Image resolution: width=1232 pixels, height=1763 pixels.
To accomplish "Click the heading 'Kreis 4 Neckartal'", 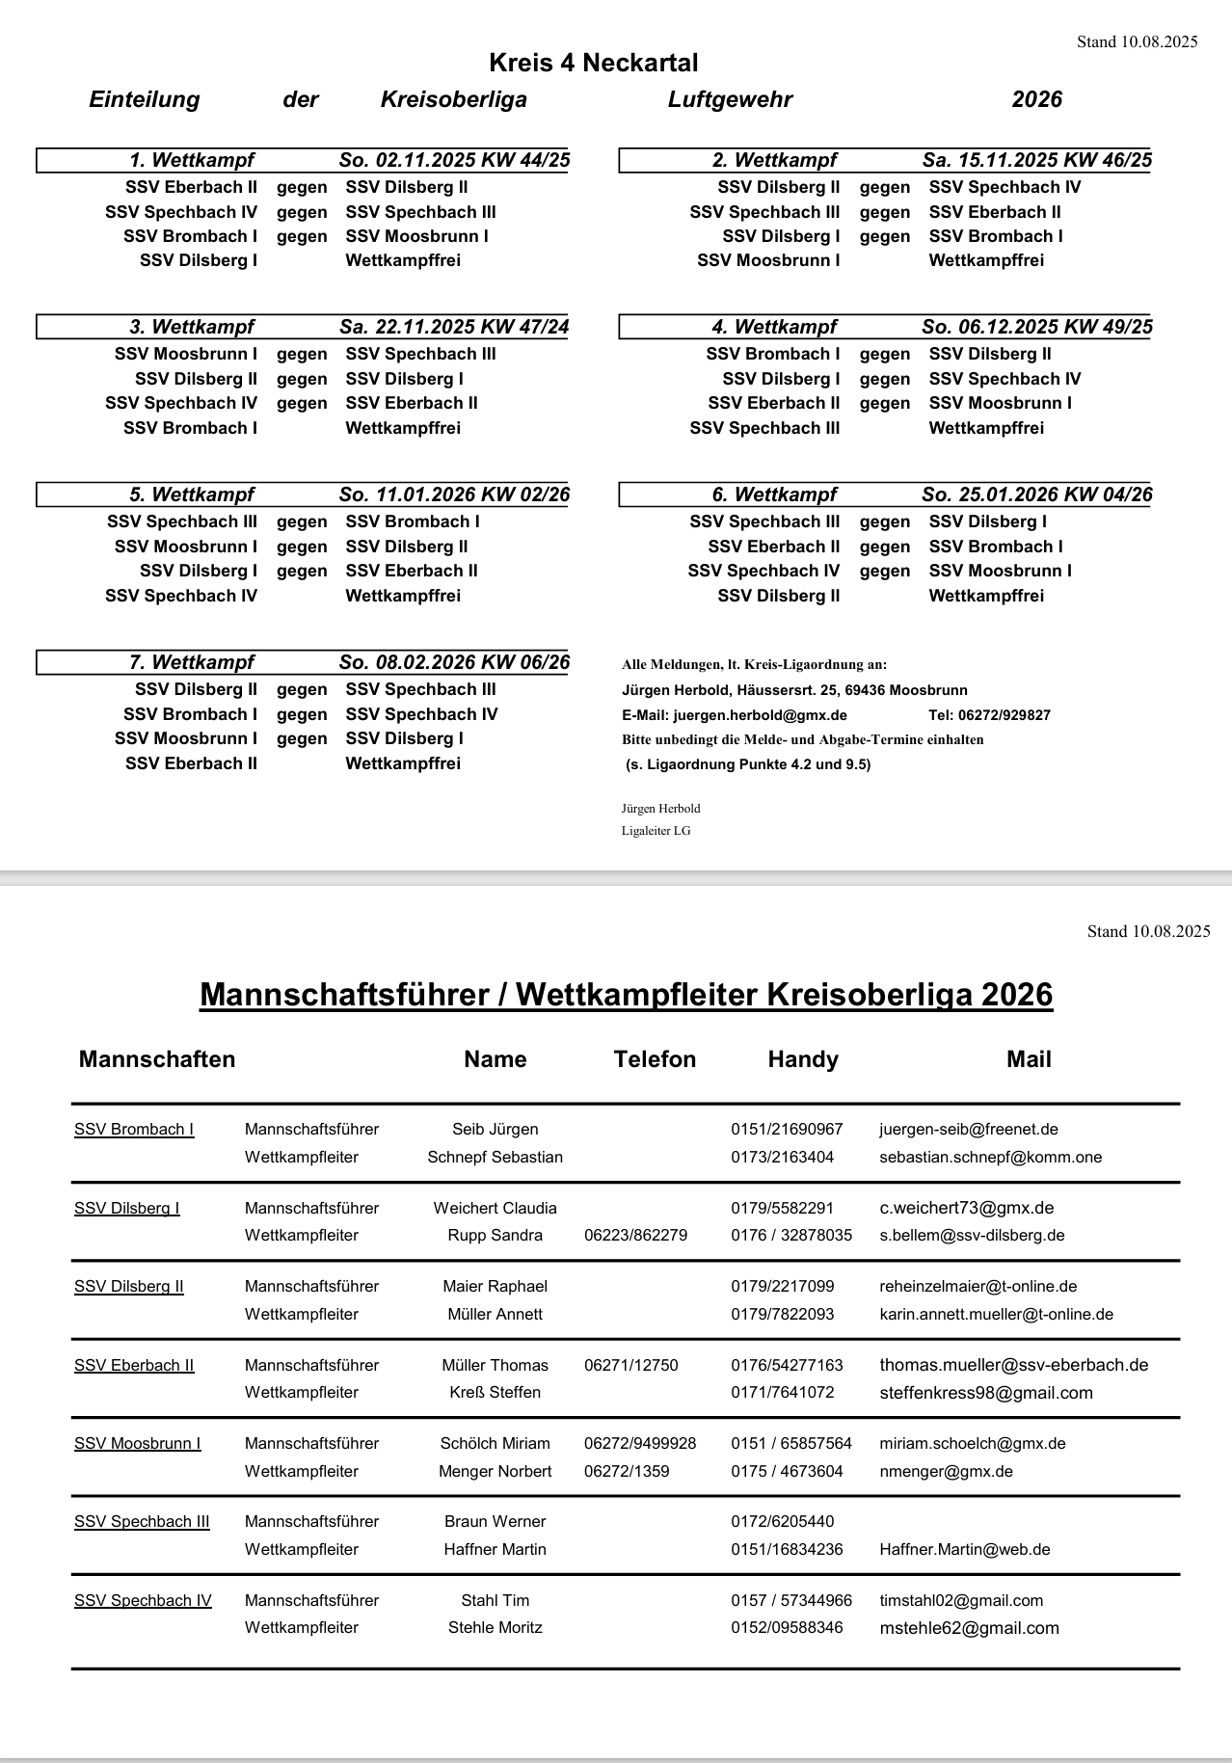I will pos(593,64).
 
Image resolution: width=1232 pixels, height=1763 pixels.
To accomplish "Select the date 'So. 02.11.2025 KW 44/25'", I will pos(454,160).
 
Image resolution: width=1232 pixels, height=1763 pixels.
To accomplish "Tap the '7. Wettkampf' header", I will pos(191,662).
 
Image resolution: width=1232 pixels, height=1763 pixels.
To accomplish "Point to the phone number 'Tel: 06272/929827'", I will pos(989,715).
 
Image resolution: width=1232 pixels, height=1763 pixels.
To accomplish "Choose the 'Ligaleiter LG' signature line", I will pos(656,831).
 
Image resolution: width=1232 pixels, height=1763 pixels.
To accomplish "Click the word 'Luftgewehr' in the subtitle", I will pos(730,99).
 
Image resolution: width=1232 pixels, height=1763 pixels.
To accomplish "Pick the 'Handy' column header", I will pos(803,1059).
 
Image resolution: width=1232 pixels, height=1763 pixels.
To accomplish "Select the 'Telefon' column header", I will pos(655,1059).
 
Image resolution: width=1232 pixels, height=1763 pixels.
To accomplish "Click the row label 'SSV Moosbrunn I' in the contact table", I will pos(138,1443).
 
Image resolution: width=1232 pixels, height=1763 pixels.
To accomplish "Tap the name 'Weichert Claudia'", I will pos(495,1208).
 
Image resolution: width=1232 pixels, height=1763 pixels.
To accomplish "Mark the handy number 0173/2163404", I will pos(783,1157).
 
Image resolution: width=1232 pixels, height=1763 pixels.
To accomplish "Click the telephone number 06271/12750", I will pos(631,1365).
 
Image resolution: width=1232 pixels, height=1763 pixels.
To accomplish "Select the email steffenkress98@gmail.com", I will pos(986,1393).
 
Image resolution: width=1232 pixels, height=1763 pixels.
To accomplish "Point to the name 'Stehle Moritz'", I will pos(495,1627).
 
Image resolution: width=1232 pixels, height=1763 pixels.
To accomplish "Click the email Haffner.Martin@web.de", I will pos(965,1549).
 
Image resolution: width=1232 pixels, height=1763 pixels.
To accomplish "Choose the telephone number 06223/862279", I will pos(636,1235).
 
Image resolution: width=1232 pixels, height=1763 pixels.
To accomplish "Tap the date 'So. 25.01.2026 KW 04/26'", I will pos(1036,494).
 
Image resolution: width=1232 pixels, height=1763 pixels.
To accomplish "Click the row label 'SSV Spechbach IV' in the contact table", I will pos(143,1600).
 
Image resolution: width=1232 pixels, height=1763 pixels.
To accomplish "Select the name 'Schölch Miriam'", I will pos(495,1443).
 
